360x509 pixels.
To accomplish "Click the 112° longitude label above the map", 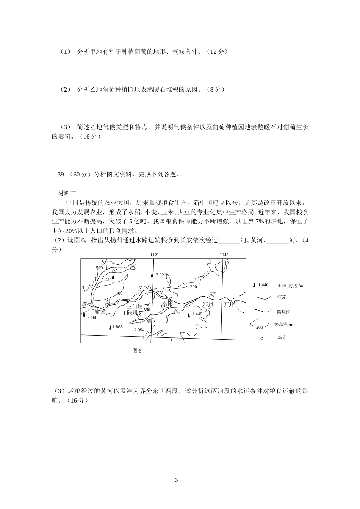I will (x=154, y=255).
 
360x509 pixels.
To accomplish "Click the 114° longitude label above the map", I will (x=224, y=254).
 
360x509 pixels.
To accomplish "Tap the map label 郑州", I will (x=208, y=304).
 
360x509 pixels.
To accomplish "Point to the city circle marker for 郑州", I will (x=209, y=307).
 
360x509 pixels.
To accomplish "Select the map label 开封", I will (x=229, y=304).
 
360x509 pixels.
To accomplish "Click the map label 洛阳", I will (x=167, y=304).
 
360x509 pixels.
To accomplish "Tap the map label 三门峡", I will (x=135, y=306).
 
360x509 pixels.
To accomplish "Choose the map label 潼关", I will (x=100, y=311).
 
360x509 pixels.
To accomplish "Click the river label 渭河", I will (x=87, y=304).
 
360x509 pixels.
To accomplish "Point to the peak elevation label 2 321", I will (x=161, y=275).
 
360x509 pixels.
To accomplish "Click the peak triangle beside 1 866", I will (x=110, y=327).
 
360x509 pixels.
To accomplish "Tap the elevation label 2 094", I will (x=139, y=330).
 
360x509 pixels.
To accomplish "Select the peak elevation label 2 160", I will (x=92, y=317).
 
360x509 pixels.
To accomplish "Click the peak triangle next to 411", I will (x=113, y=277).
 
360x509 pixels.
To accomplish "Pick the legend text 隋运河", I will (x=284, y=312).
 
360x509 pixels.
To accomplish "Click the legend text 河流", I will (x=282, y=298).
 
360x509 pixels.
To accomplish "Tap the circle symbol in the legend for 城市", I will (x=261, y=338).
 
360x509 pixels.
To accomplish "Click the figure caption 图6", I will (x=137, y=351).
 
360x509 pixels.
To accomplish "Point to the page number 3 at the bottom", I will (x=176, y=480).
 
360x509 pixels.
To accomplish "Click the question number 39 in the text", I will (x=61, y=175).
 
